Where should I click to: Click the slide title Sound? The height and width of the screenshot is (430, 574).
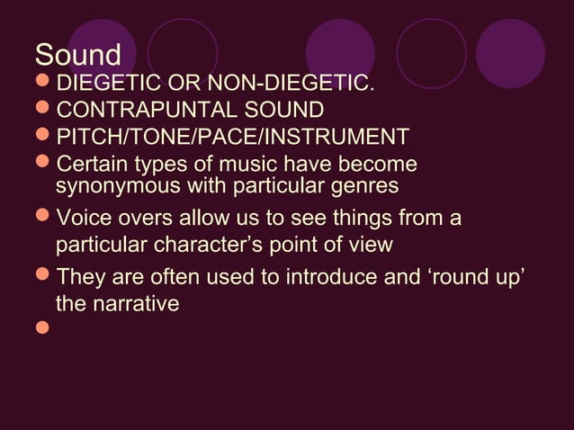coord(77,56)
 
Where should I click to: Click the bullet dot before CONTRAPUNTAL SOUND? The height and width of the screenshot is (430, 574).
coord(42,112)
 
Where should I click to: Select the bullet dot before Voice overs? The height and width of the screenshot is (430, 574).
coord(42,219)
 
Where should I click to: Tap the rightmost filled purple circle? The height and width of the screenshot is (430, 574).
coord(510,53)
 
